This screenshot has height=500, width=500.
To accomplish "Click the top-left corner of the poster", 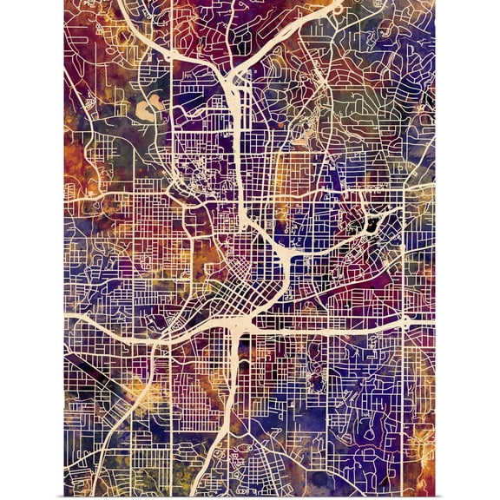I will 64,1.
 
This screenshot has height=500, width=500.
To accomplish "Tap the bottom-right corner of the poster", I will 434,498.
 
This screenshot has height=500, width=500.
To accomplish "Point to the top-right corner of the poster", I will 434,1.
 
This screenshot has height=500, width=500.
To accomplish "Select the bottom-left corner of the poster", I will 64,498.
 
